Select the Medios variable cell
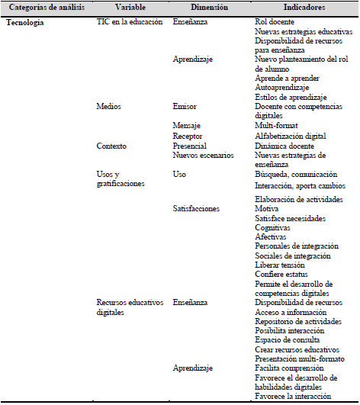(x=108, y=107)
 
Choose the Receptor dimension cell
(x=188, y=136)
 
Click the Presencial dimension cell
(x=191, y=145)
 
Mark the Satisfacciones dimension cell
(x=197, y=208)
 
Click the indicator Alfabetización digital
(x=291, y=136)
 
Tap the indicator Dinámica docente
(x=284, y=145)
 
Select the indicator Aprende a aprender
(x=287, y=79)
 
